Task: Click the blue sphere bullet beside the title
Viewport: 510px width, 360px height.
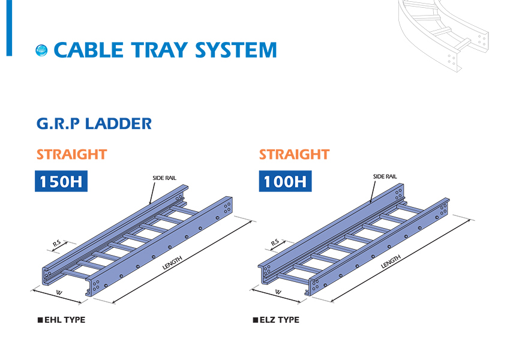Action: click(41, 50)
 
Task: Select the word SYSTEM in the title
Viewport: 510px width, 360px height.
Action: click(236, 50)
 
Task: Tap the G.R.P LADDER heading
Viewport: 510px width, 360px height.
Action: click(94, 124)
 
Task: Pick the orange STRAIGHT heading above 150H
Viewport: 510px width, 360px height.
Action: click(71, 154)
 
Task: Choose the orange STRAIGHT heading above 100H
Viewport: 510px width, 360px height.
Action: click(295, 154)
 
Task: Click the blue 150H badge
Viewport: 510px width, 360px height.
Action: click(61, 181)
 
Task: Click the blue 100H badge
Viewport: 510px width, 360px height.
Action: click(285, 181)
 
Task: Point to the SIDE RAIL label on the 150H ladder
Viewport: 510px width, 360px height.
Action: click(164, 178)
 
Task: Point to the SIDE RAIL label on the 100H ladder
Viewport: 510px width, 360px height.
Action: click(385, 176)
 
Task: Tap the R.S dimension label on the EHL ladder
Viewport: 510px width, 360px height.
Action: click(57, 243)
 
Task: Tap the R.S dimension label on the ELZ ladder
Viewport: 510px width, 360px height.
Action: click(275, 242)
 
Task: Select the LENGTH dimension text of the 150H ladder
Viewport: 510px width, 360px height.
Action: click(172, 263)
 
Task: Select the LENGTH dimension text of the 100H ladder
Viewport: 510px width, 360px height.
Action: click(391, 262)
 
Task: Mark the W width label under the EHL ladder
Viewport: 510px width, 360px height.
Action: click(59, 293)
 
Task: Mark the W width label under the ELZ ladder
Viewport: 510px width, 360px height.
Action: click(278, 292)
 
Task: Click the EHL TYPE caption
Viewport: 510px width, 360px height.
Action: click(62, 320)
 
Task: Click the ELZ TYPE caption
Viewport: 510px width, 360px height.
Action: click(276, 320)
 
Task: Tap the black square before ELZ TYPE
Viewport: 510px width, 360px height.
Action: click(256, 320)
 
